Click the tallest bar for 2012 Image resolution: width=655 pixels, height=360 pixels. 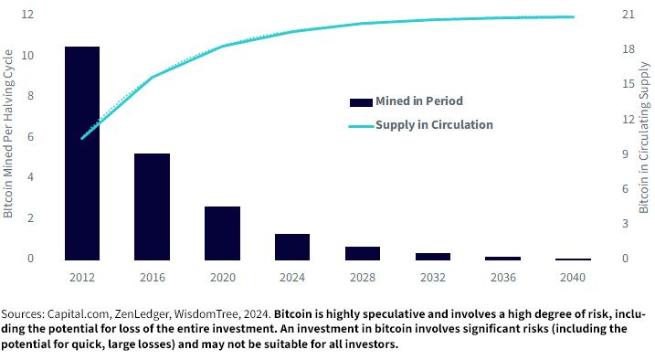tap(82, 154)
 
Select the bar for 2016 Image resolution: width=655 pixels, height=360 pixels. tap(152, 206)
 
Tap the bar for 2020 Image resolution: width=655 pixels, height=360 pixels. tap(222, 234)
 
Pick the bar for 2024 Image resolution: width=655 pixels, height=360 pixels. tap(292, 248)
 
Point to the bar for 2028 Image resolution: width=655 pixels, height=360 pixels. tap(363, 253)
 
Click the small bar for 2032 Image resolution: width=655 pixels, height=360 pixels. tap(433, 257)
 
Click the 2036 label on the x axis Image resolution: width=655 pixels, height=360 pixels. tap(503, 277)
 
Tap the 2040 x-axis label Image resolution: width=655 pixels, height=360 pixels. tap(573, 277)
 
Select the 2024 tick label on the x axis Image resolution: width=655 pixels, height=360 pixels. tap(292, 277)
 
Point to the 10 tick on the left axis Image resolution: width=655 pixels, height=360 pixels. tap(27, 55)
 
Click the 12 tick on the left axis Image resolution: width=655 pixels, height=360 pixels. tap(27, 15)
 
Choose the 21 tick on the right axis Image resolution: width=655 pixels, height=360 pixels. tap(629, 15)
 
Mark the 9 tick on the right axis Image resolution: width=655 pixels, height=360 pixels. tap(626, 154)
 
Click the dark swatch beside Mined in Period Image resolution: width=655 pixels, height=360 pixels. tap(361, 102)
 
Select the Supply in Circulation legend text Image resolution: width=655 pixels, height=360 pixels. tap(434, 124)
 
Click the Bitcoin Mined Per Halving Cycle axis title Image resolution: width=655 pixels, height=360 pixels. tap(8, 133)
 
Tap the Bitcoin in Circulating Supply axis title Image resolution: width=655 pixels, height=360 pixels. tap(644, 137)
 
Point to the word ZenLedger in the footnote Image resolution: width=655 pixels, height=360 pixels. tap(142, 314)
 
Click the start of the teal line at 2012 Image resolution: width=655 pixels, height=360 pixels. tap(82, 138)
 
